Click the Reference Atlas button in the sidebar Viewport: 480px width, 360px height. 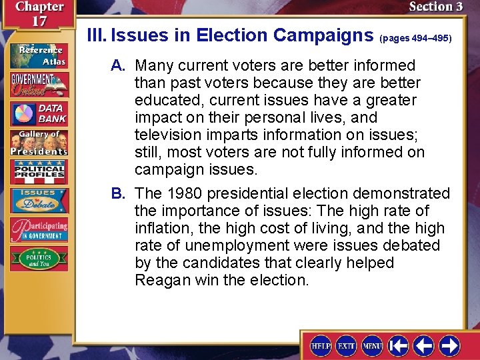[x=38, y=55]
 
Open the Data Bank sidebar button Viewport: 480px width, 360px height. [x=38, y=114]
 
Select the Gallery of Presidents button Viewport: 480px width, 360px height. [x=38, y=143]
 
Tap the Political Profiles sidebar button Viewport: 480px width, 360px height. [x=38, y=172]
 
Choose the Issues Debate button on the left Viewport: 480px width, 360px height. [x=38, y=201]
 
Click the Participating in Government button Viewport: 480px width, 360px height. [x=38, y=228]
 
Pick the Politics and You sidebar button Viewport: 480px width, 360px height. [x=38, y=257]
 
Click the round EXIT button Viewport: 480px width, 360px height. [x=347, y=345]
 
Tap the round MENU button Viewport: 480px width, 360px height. [x=371, y=345]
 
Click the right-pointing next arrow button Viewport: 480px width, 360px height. [x=449, y=345]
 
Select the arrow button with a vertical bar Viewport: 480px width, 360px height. [x=398, y=345]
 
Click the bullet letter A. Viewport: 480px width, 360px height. [x=119, y=65]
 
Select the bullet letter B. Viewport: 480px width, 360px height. [x=119, y=193]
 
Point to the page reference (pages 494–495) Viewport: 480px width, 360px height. [x=415, y=39]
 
